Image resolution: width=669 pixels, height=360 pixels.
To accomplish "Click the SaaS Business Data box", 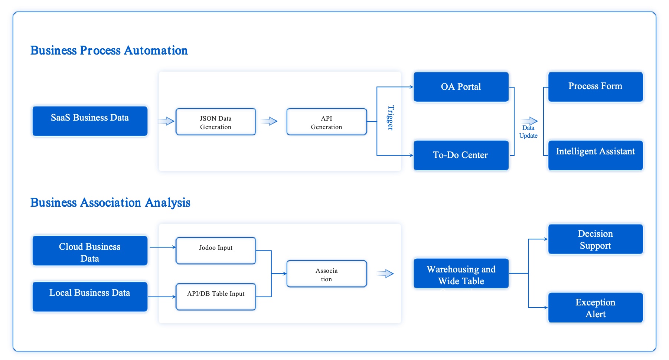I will click(90, 121).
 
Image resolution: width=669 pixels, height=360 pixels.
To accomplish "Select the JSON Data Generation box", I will click(216, 122).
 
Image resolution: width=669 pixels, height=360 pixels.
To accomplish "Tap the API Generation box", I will click(326, 122).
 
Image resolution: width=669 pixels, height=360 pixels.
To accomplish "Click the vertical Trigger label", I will click(390, 118).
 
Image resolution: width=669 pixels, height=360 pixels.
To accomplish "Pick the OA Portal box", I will click(461, 87).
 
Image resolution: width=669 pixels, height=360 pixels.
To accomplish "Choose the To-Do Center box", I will click(461, 155).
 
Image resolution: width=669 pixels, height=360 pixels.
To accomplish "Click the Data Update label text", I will click(528, 132).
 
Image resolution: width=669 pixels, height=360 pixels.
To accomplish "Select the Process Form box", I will click(595, 87).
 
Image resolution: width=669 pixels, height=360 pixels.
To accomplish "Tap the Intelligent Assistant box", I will click(595, 155).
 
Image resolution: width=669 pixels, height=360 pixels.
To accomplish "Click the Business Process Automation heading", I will click(109, 50).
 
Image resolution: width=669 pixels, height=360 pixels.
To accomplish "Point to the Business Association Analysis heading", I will click(110, 203).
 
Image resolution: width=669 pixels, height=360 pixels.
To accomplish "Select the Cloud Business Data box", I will click(90, 251).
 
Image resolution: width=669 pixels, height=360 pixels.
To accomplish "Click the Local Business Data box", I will click(90, 297).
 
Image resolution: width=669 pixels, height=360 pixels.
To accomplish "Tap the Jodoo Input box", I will click(216, 251).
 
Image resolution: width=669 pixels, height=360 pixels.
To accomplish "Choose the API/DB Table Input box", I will click(216, 297).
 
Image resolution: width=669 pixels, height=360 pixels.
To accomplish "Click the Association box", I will click(326, 274).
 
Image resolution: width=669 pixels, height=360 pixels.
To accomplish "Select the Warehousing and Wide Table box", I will click(461, 274).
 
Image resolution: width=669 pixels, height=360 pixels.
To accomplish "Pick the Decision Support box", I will click(595, 239).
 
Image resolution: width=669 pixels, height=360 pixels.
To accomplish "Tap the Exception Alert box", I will click(595, 308).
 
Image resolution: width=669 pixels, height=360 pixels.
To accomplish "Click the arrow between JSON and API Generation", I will click(270, 121).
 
